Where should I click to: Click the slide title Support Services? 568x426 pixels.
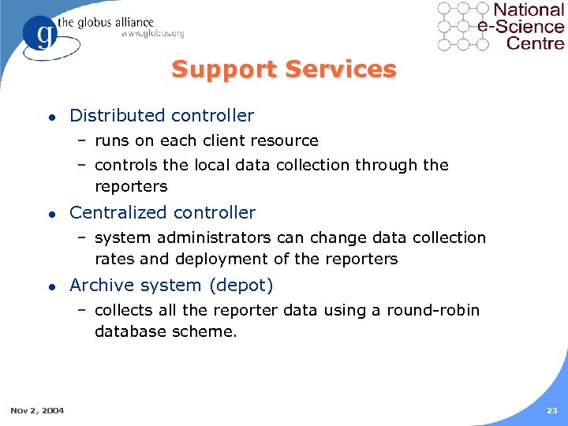pyautogui.click(x=284, y=69)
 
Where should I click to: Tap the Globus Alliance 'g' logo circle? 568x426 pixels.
pyautogui.click(x=41, y=35)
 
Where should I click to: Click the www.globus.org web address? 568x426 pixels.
pyautogui.click(x=152, y=33)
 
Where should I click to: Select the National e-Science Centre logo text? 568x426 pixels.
pyautogui.click(x=527, y=26)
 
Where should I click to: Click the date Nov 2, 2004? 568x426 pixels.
pyautogui.click(x=38, y=409)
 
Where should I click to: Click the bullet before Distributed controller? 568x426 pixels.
pyautogui.click(x=50, y=117)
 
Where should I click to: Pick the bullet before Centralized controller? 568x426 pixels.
pyautogui.click(x=50, y=214)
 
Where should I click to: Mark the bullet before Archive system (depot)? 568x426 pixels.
pyautogui.click(x=50, y=286)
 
